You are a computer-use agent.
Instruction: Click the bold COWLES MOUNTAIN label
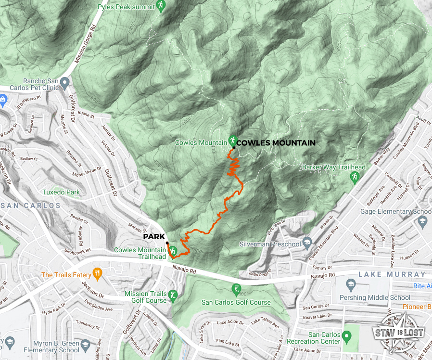coord(276,143)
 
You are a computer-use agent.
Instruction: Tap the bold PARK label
coord(154,237)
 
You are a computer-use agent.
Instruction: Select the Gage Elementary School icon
coord(422,221)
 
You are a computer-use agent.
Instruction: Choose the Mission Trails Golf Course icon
coord(173,295)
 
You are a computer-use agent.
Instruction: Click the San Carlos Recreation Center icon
coord(346,335)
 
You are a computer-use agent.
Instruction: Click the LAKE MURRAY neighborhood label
coord(392,274)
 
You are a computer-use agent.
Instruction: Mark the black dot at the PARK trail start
coord(167,243)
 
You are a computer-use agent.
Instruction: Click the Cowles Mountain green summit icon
coord(233,140)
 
